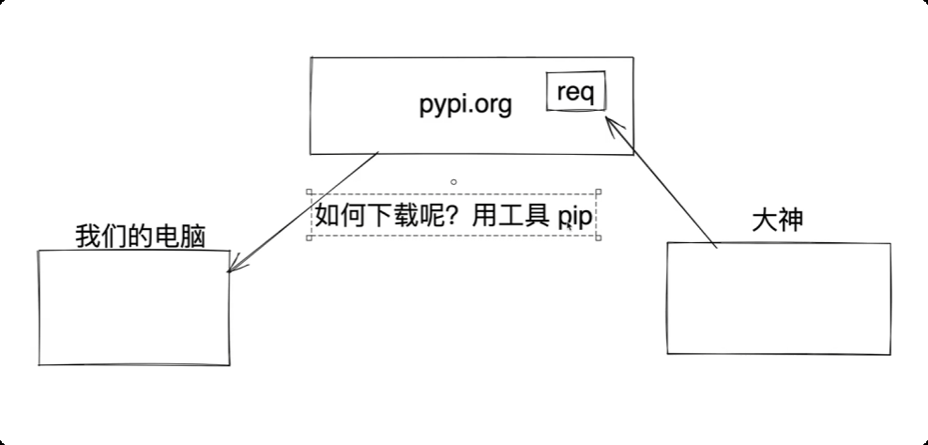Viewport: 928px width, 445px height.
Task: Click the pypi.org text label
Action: click(x=465, y=104)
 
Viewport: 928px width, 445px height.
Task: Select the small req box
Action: click(x=576, y=92)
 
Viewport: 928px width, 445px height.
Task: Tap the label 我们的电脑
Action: click(x=140, y=237)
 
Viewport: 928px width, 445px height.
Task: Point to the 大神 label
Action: click(x=778, y=221)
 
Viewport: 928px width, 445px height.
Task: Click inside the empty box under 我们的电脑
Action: click(x=133, y=307)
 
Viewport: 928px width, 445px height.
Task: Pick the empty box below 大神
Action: click(x=779, y=298)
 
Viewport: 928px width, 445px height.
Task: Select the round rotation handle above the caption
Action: click(x=454, y=181)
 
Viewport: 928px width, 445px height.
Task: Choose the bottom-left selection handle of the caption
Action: click(x=309, y=237)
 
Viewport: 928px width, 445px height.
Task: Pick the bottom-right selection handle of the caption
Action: click(x=599, y=237)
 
